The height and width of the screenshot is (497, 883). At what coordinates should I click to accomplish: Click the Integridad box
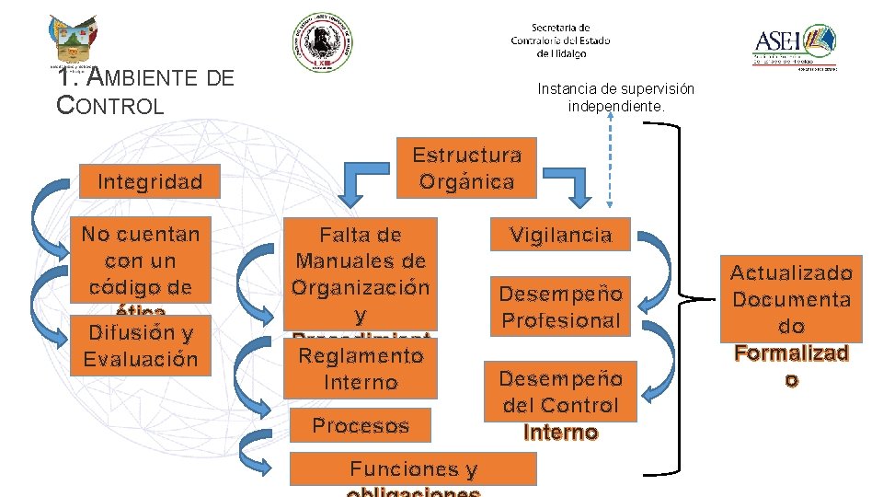(x=150, y=181)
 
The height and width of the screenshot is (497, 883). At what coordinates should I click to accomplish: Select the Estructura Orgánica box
(x=466, y=168)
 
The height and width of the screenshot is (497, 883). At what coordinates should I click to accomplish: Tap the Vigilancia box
(x=560, y=235)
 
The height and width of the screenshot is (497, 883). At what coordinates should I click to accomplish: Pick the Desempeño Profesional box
(x=560, y=306)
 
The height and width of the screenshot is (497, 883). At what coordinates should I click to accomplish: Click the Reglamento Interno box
(x=360, y=367)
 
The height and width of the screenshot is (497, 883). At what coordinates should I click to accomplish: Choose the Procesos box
(x=360, y=425)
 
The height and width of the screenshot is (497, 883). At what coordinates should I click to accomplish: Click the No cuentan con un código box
(x=140, y=259)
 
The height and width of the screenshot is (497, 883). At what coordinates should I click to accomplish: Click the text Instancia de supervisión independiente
(x=615, y=98)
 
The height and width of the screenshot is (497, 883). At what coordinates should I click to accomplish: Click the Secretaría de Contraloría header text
(x=560, y=40)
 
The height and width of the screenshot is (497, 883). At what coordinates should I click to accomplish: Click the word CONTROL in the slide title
(x=110, y=105)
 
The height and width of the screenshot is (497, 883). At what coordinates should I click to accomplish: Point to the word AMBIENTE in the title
(x=138, y=78)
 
